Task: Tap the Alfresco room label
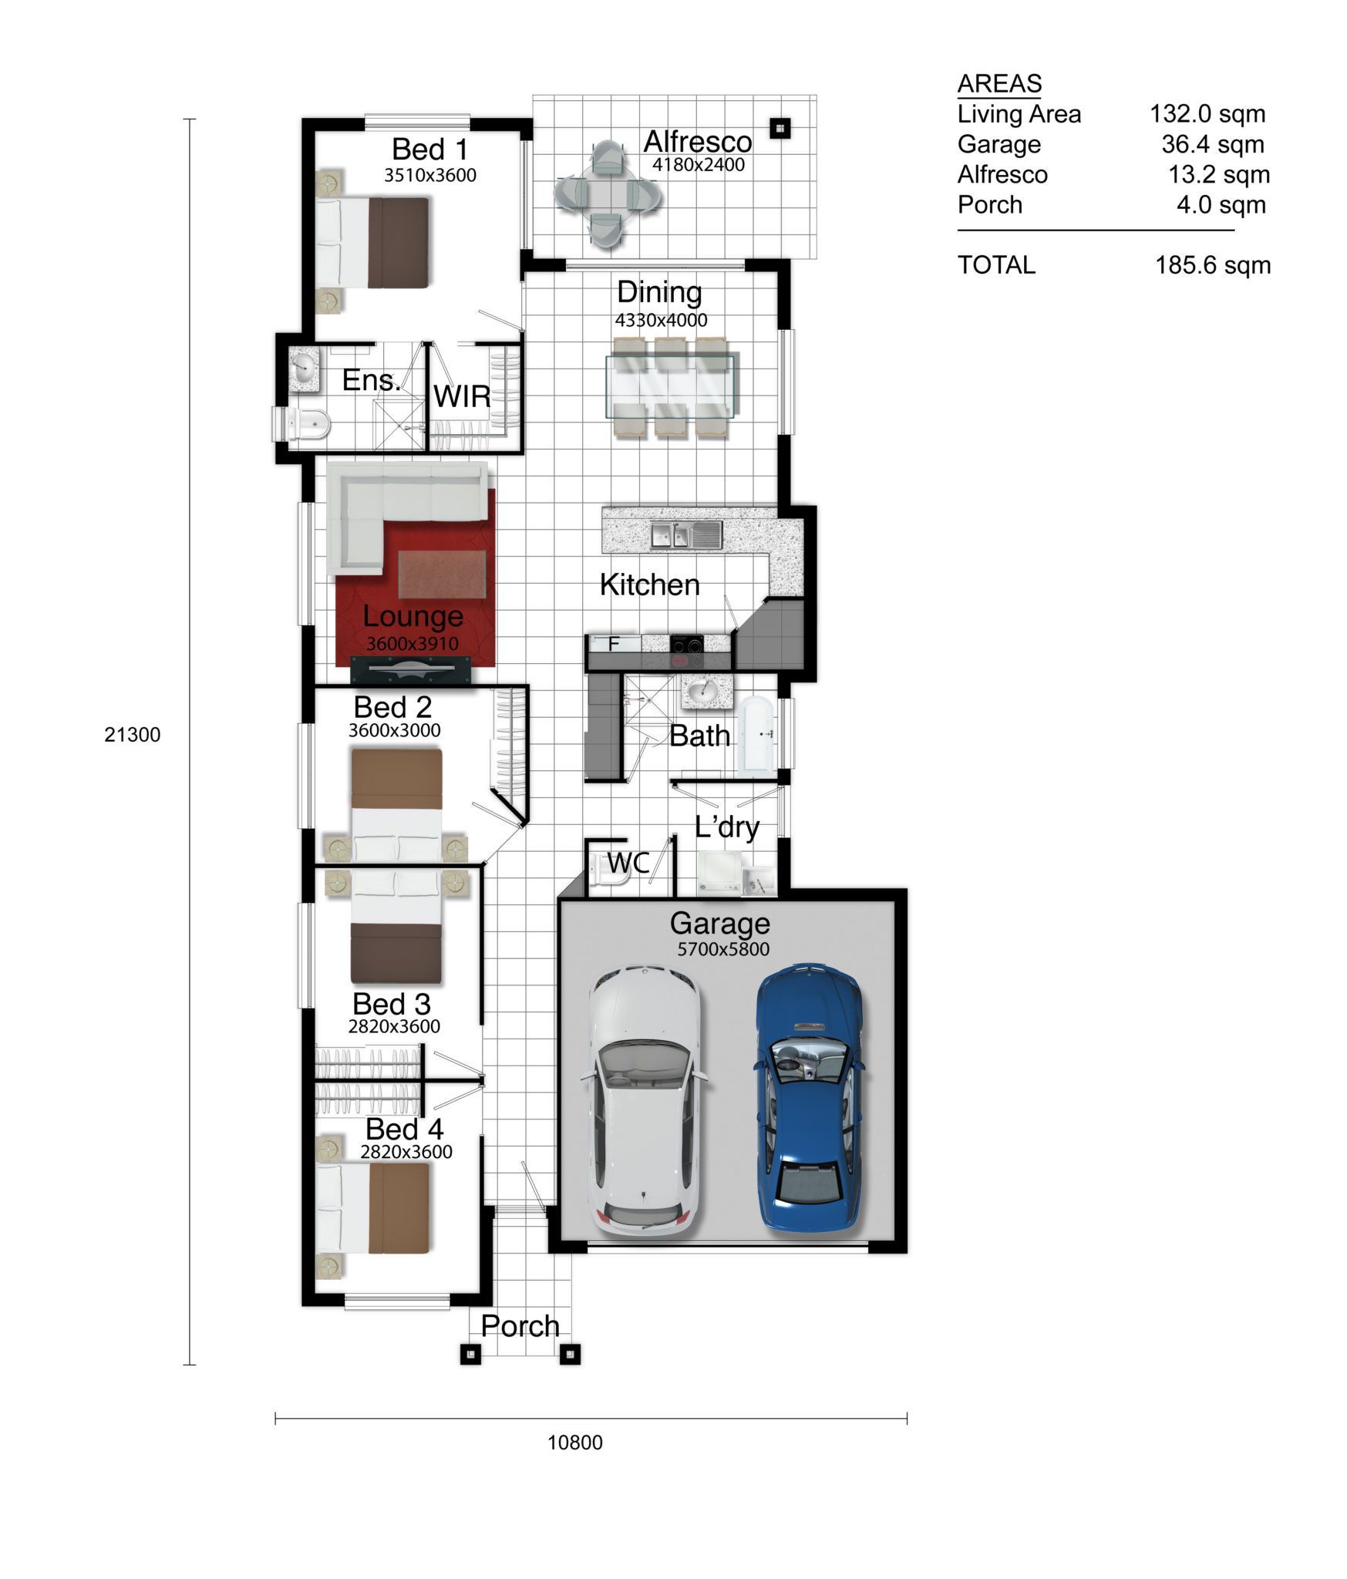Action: (x=698, y=142)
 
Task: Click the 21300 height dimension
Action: (x=133, y=735)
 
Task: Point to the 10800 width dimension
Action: (x=575, y=1443)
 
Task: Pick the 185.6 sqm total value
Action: (x=1213, y=265)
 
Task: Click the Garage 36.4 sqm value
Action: (x=1213, y=144)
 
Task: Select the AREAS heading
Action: (x=999, y=83)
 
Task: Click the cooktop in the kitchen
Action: (x=686, y=651)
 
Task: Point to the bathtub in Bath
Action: (x=757, y=735)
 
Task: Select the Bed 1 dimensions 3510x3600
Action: (x=430, y=176)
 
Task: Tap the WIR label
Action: (x=462, y=397)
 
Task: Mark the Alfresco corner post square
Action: (x=780, y=127)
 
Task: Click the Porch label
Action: (x=520, y=1326)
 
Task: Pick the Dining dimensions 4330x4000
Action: (x=661, y=321)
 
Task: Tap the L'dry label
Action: (x=727, y=827)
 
